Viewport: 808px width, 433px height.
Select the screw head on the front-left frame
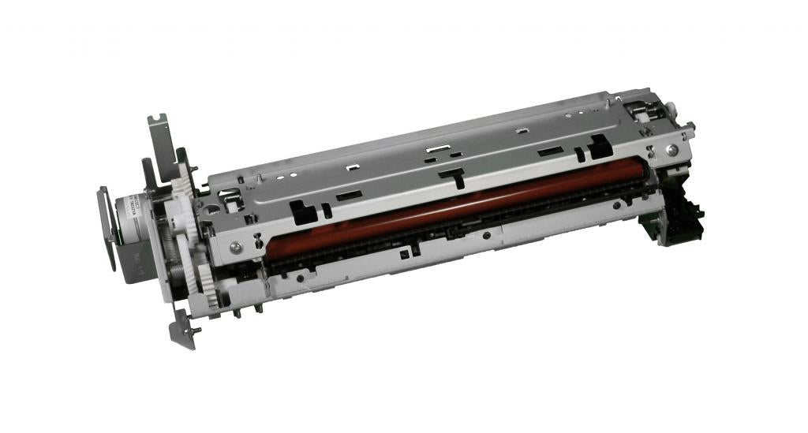(235, 248)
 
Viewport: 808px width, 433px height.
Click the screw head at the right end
(671, 149)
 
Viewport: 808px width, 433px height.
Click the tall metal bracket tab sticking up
(159, 138)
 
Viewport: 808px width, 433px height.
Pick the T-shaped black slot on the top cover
(452, 175)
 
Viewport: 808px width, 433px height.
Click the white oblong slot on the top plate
(436, 147)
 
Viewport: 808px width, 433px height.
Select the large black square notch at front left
(301, 210)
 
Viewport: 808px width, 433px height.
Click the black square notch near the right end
(599, 145)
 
